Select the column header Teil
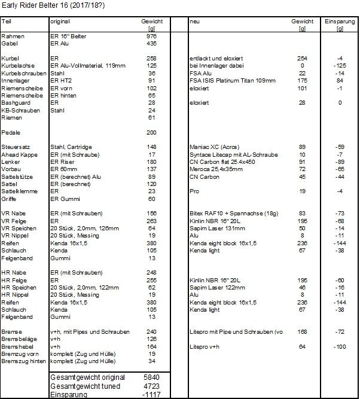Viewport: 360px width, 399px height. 7,22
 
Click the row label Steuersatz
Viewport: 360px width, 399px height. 14,147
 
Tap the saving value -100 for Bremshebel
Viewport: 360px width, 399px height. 339,346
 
